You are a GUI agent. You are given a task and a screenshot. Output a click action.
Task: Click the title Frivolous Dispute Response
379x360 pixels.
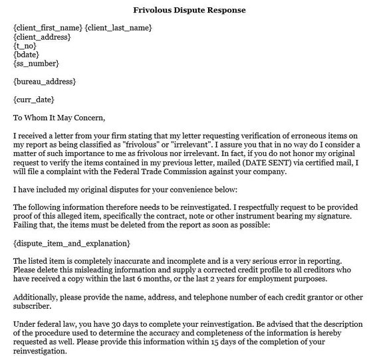(x=189, y=11)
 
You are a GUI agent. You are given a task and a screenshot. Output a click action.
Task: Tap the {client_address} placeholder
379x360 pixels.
(x=42, y=37)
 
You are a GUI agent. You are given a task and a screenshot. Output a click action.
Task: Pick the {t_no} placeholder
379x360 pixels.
(x=25, y=45)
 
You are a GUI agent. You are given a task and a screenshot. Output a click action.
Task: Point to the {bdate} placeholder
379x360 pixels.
(x=27, y=54)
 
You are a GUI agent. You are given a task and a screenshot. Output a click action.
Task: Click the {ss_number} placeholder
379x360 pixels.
(x=36, y=63)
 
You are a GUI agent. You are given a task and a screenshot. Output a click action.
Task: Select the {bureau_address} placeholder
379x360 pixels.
(x=45, y=82)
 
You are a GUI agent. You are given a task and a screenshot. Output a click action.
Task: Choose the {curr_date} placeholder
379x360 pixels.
(x=34, y=100)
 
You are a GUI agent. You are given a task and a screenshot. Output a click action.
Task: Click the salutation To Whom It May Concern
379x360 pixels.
(x=59, y=118)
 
